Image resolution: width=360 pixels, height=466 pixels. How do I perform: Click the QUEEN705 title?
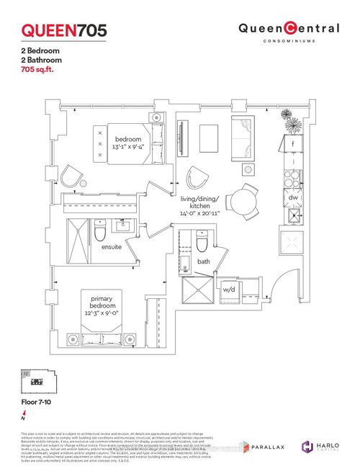tap(64, 30)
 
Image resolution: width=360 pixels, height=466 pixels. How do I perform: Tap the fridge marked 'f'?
tap(293, 143)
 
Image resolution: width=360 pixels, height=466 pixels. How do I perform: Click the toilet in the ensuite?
tap(101, 231)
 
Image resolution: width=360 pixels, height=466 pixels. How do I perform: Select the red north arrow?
tap(24, 413)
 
